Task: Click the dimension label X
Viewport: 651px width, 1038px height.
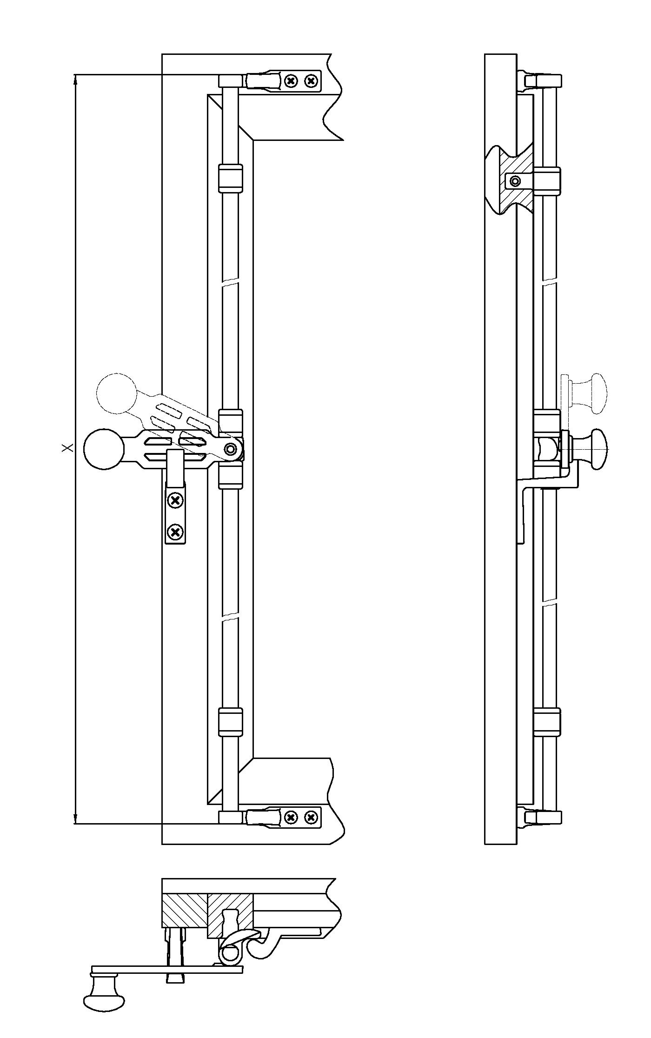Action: (68, 447)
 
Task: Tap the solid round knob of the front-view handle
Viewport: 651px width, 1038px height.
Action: (104, 448)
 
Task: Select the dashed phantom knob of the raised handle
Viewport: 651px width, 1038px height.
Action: (116, 393)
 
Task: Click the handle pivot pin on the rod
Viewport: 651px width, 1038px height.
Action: (231, 449)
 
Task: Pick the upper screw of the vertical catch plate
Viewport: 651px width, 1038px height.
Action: (175, 501)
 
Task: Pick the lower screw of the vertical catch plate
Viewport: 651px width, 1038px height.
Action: (175, 532)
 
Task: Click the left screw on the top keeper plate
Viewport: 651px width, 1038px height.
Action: (291, 81)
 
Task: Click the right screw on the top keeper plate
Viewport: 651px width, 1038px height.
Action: (311, 81)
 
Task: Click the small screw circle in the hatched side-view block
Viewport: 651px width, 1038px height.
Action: (515, 180)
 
